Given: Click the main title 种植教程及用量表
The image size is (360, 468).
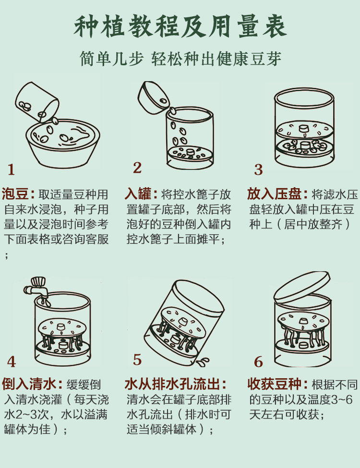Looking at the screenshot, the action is click(x=180, y=27).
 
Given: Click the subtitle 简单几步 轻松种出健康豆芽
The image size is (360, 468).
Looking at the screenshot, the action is click(x=180, y=58).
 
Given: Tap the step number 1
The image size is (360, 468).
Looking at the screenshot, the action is click(x=11, y=169).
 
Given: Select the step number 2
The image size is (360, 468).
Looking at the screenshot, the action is click(x=137, y=168).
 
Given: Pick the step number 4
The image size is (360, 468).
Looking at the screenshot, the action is click(x=12, y=362).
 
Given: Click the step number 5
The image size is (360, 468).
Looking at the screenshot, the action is click(x=137, y=360).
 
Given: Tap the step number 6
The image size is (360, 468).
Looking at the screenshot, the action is click(x=259, y=362).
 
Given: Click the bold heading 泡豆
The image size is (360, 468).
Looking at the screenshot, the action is click(x=15, y=194).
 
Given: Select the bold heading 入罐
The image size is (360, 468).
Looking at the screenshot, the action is click(x=138, y=194).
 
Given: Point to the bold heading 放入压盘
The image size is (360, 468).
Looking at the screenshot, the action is click(x=274, y=194).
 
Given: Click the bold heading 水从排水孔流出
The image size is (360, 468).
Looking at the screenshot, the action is click(x=172, y=384).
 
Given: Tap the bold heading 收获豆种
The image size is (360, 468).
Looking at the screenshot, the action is click(x=274, y=384).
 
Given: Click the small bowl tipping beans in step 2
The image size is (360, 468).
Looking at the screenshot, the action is click(x=153, y=97).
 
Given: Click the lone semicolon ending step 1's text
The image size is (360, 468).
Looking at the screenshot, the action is click(x=6, y=255).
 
